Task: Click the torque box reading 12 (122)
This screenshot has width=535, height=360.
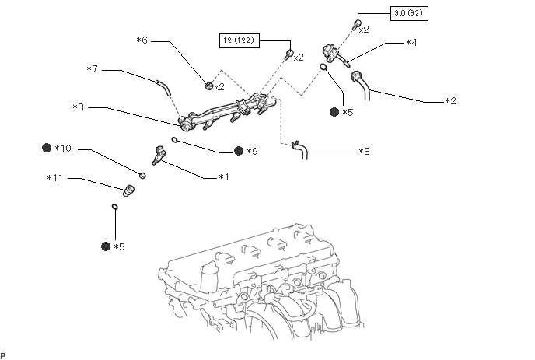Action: coord(240,40)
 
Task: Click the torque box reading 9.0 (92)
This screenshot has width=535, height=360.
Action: coord(409,14)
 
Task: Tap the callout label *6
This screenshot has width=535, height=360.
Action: coord(142,40)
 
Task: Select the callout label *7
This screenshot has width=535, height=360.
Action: coord(92,69)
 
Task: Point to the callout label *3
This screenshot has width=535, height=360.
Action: coord(78,107)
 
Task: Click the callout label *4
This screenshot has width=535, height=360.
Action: coord(411,43)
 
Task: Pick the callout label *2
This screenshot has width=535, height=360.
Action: coord(450,101)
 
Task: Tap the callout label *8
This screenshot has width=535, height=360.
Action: coord(365,151)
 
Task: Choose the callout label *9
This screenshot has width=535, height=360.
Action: coord(252,151)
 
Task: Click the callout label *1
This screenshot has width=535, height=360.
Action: coord(224,177)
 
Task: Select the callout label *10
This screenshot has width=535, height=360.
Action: coord(63,148)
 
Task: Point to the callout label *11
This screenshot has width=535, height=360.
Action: coord(55,178)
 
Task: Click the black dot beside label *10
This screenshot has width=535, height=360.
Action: coord(47,148)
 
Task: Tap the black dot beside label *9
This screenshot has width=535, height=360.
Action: coord(239,151)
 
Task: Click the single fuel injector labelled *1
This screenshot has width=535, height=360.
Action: coord(158,156)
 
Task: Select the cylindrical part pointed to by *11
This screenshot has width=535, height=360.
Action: coord(128,190)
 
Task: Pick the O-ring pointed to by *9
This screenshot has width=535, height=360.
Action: coord(174,139)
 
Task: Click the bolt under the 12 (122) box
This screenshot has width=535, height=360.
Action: coord(288,54)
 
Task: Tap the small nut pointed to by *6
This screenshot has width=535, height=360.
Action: coord(209,86)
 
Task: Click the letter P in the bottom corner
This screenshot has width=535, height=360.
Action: coord(3,356)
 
